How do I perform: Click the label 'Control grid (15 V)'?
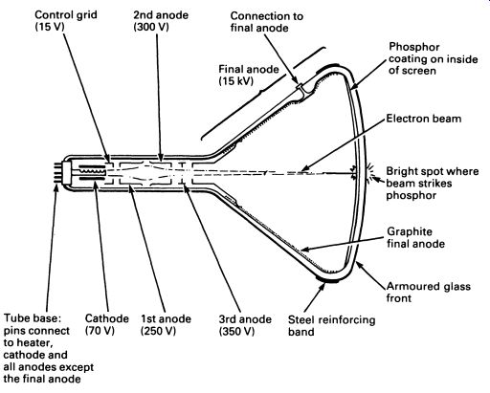point(66,21)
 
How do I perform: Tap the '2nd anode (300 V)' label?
point(161,21)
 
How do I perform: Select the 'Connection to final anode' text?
point(267,22)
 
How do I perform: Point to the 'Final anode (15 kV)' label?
point(249,75)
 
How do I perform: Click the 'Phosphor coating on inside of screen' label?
point(433,58)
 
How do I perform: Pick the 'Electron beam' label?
point(424,119)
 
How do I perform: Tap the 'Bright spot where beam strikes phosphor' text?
point(433,184)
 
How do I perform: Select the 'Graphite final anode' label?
point(415,237)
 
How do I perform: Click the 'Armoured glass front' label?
point(429,292)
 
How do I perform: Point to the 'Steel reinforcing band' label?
point(331,326)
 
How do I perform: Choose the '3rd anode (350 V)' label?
point(245,325)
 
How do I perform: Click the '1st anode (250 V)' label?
point(166,325)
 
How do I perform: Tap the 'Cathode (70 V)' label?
point(107,324)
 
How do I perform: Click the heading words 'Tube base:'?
point(33,318)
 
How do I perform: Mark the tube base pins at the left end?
point(57,172)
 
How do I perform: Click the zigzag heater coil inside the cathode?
point(92,172)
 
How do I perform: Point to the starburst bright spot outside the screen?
point(369,172)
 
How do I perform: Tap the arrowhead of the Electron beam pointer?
point(304,169)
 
